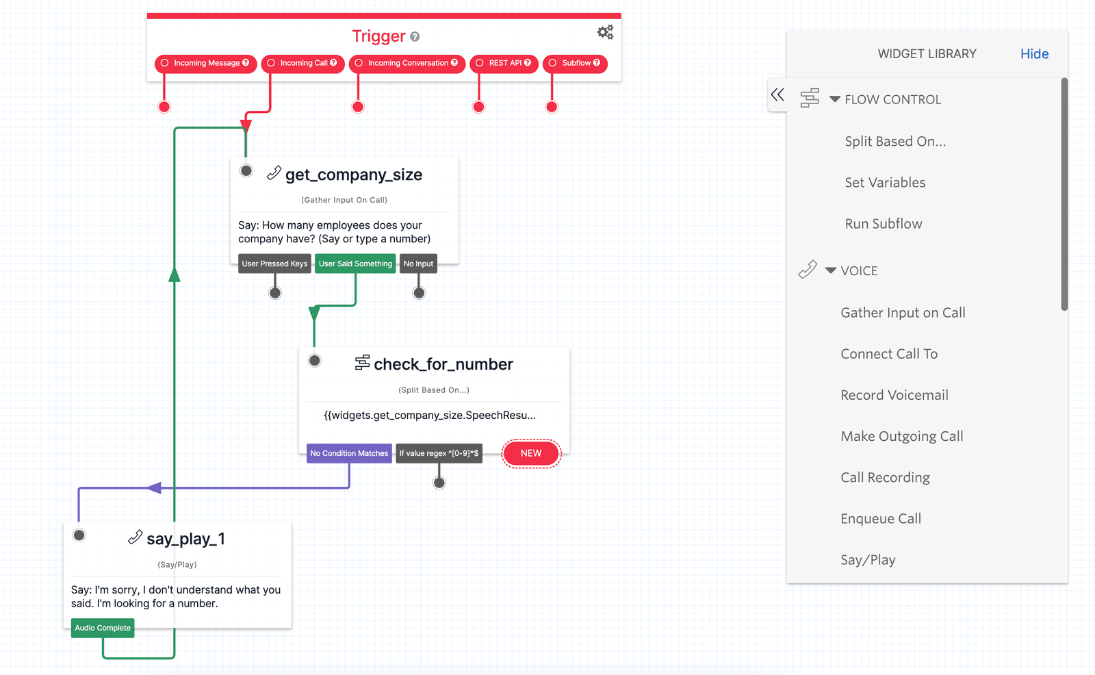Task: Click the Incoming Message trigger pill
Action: pyautogui.click(x=205, y=63)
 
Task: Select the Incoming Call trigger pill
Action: pyautogui.click(x=302, y=63)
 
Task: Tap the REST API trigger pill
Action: pyautogui.click(x=504, y=63)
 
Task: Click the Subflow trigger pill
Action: pyautogui.click(x=575, y=63)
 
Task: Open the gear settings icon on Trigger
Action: pyautogui.click(x=605, y=32)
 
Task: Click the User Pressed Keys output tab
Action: pyautogui.click(x=274, y=264)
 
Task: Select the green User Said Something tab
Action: pyautogui.click(x=355, y=264)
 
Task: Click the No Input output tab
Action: pyautogui.click(x=418, y=264)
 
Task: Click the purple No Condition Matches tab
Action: pyautogui.click(x=349, y=453)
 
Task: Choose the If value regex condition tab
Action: pyautogui.click(x=439, y=453)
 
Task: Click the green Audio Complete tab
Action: pyautogui.click(x=103, y=628)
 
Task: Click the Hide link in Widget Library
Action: pyautogui.click(x=1034, y=54)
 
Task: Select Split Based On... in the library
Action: pyautogui.click(x=895, y=142)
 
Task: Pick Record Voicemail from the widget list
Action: pyautogui.click(x=894, y=395)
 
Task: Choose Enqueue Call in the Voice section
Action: pyautogui.click(x=881, y=519)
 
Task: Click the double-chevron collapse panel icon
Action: pyautogui.click(x=777, y=94)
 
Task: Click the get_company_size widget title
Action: pyautogui.click(x=353, y=175)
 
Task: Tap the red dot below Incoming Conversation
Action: pyautogui.click(x=358, y=107)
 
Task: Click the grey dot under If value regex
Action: pyautogui.click(x=439, y=483)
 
